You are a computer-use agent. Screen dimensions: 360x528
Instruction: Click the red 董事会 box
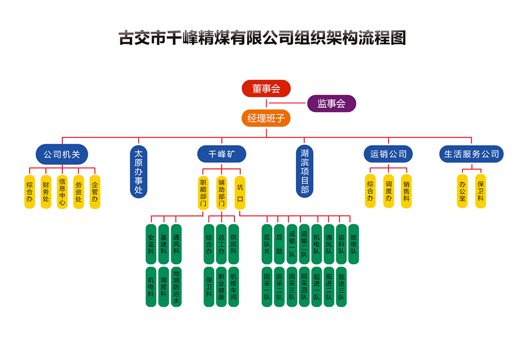coord(266,88)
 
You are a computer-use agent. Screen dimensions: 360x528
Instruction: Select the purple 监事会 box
coord(332,103)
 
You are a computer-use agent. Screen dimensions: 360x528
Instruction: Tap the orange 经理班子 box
coord(266,118)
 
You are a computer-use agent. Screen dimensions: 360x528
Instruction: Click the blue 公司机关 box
coord(62,154)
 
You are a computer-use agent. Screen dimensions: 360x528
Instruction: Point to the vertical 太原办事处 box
coord(138,172)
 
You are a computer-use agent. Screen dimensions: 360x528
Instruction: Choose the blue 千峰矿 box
coord(222,154)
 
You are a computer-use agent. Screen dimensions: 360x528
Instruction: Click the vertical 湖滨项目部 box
coord(305,172)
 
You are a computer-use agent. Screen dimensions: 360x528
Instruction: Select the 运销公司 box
coord(388,154)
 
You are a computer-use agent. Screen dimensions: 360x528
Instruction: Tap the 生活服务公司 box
coord(471,154)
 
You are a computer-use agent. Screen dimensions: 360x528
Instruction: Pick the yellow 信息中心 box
coord(62,192)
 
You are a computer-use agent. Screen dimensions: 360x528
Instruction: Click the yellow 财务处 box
coord(46,192)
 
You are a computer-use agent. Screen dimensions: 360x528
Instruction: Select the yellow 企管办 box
coord(95,192)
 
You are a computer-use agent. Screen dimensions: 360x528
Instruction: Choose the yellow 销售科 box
coord(406,191)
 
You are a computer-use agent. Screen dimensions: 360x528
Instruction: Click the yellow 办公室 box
coord(463,191)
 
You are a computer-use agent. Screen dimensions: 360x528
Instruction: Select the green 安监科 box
coord(151,244)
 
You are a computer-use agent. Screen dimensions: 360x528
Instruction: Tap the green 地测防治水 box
coord(176,287)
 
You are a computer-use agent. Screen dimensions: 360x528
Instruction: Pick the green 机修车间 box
coord(234,287)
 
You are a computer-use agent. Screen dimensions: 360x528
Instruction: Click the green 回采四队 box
coord(304,287)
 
